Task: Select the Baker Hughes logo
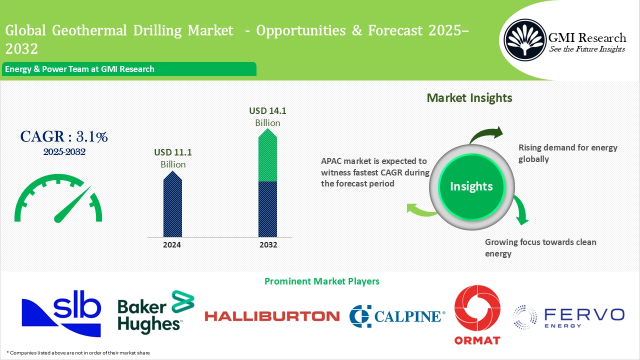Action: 155,311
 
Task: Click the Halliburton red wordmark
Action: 272,316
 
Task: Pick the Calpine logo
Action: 396,316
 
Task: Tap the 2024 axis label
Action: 172,245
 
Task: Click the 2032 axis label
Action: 267,245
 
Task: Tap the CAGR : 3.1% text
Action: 63,136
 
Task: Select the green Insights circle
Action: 471,186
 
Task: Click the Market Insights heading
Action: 469,98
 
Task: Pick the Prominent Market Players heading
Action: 321,281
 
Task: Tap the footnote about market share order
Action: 78,352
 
